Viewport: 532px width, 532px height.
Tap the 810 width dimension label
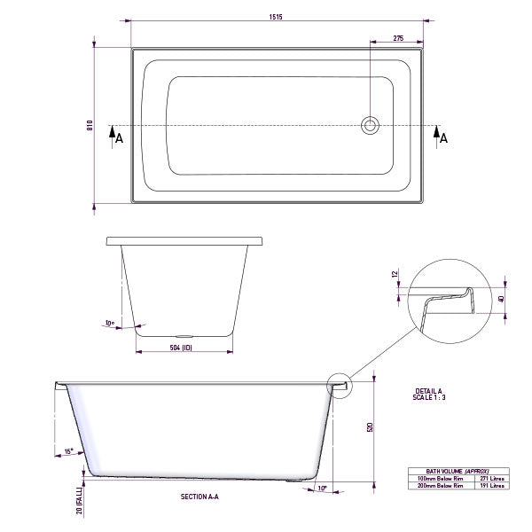click(x=90, y=126)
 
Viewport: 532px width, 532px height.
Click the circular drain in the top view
click(x=369, y=126)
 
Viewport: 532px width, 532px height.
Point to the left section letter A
click(x=120, y=138)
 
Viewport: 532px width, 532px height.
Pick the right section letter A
click(x=443, y=137)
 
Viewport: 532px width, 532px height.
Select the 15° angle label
click(x=68, y=452)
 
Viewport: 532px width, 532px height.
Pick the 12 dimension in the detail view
click(x=395, y=275)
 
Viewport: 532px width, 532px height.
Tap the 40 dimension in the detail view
click(x=503, y=299)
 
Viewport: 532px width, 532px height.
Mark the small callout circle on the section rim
click(x=340, y=384)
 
